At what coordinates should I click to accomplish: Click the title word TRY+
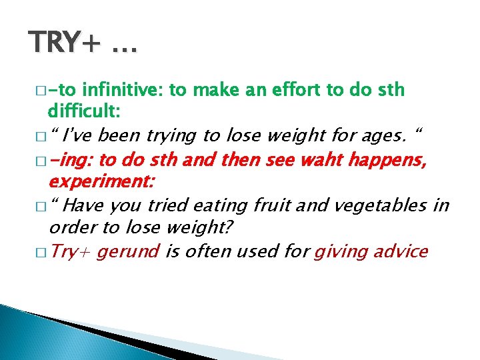(x=64, y=43)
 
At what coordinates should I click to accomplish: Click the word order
(x=71, y=227)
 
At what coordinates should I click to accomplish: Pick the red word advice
(x=402, y=251)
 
